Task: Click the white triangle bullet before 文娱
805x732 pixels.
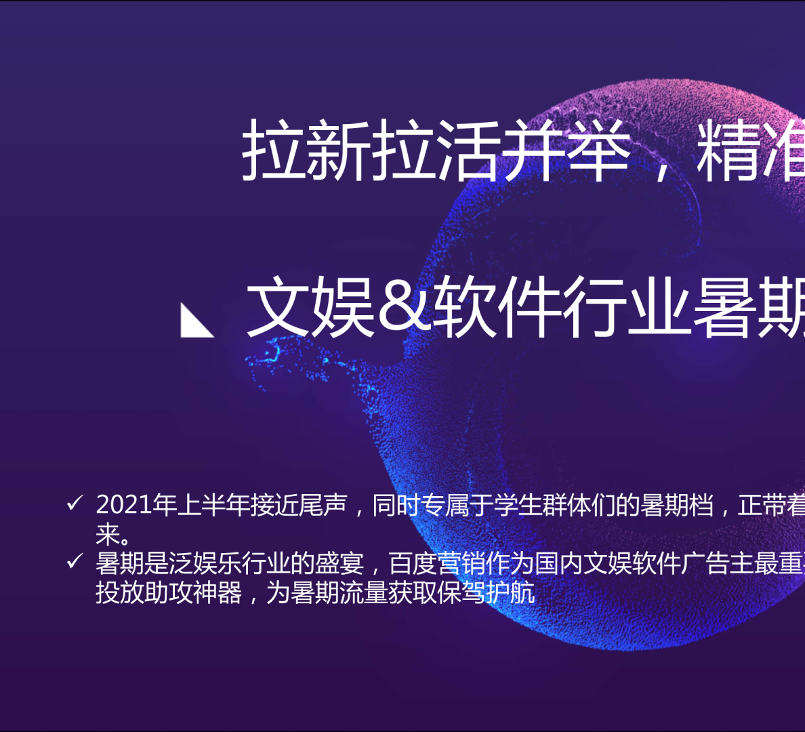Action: pyautogui.click(x=197, y=321)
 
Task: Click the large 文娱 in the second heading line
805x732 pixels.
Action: pyautogui.click(x=311, y=306)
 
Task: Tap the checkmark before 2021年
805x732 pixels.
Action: pyautogui.click(x=75, y=504)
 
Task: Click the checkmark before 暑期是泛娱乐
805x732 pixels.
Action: pyautogui.click(x=75, y=562)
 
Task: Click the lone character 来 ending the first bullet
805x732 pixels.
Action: pyautogui.click(x=108, y=535)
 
